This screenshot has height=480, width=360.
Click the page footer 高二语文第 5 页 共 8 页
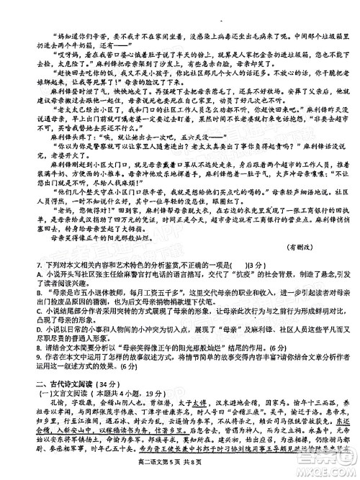click(181, 471)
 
